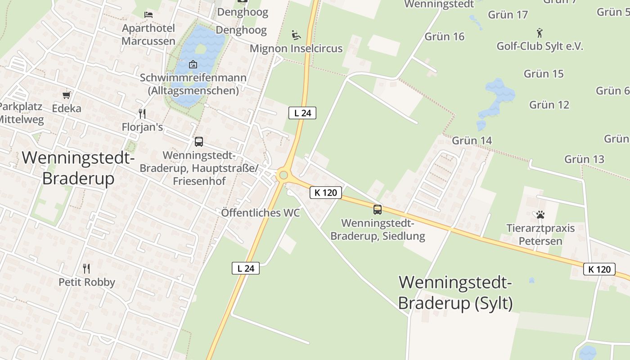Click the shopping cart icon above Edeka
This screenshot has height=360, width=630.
(67, 95)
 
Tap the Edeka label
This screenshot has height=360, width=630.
(67, 108)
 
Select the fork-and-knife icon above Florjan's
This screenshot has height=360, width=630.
(142, 113)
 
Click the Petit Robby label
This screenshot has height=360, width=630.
(87, 282)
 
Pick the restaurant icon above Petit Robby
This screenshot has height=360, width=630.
(86, 269)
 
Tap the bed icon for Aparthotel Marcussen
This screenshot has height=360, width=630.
(148, 15)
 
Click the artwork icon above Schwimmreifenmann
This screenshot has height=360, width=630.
(193, 64)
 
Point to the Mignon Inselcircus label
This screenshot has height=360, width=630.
(296, 49)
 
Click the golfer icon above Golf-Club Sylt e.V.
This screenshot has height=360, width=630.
(540, 32)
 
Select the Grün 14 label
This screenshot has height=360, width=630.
(472, 140)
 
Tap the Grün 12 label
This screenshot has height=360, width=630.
(549, 105)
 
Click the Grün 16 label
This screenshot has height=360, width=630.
(444, 36)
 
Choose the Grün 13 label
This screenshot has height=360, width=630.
(584, 159)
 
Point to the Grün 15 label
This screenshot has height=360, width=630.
(544, 74)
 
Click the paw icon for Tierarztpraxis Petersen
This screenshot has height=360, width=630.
(540, 215)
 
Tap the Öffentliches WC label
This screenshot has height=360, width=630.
(260, 213)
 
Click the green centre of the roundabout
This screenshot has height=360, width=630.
(283, 175)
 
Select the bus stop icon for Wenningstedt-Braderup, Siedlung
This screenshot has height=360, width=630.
(377, 209)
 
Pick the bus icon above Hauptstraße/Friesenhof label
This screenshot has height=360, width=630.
(198, 142)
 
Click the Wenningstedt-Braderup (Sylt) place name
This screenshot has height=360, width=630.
(455, 292)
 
